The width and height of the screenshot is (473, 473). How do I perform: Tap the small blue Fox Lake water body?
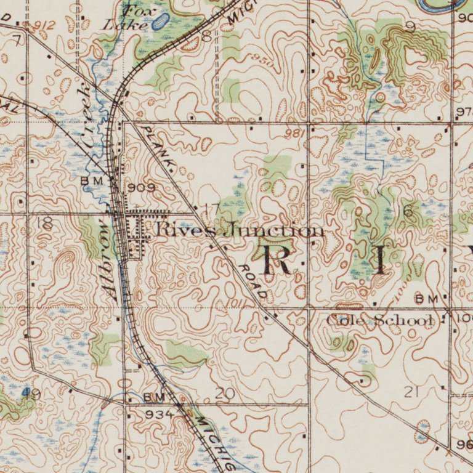click(160, 22)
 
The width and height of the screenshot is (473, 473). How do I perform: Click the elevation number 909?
click(142, 187)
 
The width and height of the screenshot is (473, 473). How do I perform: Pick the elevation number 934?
click(159, 414)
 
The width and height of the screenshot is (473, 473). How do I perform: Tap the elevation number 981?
click(295, 134)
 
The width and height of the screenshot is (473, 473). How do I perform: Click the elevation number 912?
click(44, 25)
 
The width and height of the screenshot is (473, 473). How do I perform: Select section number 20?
click(225, 393)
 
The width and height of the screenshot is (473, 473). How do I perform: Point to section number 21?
click(411, 392)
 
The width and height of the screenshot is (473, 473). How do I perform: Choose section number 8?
click(206, 36)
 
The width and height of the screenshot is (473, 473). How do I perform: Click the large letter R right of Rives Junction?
click(278, 259)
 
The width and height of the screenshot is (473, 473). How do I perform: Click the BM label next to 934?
click(154, 397)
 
